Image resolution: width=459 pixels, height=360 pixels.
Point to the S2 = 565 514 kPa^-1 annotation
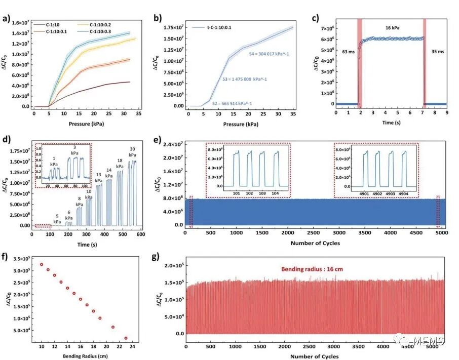233,103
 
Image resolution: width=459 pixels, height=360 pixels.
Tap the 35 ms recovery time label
437,52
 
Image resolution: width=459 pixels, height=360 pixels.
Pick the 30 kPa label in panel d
132,152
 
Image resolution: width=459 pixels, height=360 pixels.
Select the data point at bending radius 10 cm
42,264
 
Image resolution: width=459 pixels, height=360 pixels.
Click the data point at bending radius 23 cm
126,338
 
